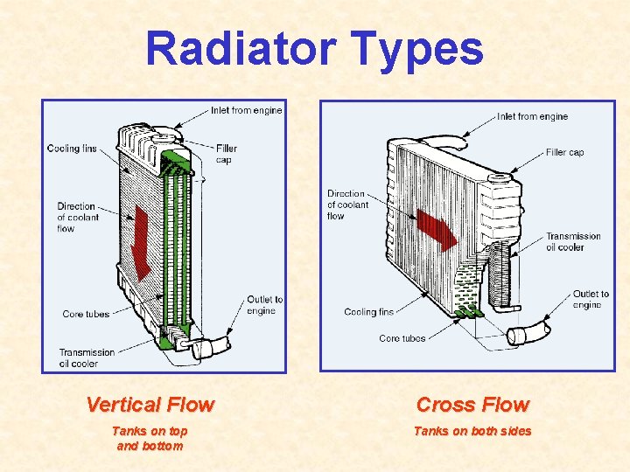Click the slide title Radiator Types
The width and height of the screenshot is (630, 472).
pyautogui.click(x=314, y=48)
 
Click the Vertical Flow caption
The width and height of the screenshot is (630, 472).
pyautogui.click(x=150, y=405)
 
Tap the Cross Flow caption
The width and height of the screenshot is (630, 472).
pyautogui.click(x=472, y=405)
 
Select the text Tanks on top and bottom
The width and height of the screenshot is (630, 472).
pyautogui.click(x=150, y=438)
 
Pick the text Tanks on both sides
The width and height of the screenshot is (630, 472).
pyautogui.click(x=472, y=431)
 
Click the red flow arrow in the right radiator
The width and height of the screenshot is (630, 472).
pyautogui.click(x=436, y=229)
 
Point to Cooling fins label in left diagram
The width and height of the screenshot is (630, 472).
pyautogui.click(x=72, y=149)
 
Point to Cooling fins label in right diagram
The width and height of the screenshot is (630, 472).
pyautogui.click(x=368, y=312)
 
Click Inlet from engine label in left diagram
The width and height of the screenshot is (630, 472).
pyautogui.click(x=246, y=110)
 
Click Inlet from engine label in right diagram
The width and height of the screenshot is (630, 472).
pyautogui.click(x=532, y=116)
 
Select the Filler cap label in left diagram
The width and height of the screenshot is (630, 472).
pyautogui.click(x=226, y=154)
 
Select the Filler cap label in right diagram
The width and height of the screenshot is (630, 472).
pyautogui.click(x=564, y=152)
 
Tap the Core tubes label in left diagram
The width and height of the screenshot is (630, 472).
pyautogui.click(x=86, y=314)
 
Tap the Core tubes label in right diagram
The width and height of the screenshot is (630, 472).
pyautogui.click(x=402, y=338)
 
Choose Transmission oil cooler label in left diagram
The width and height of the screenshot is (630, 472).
pyautogui.click(x=87, y=357)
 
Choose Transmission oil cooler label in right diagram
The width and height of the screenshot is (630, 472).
pyautogui.click(x=573, y=241)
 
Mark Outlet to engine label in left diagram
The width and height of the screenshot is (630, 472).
pyautogui.click(x=264, y=305)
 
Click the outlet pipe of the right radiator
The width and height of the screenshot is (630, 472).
pyautogui.click(x=529, y=333)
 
